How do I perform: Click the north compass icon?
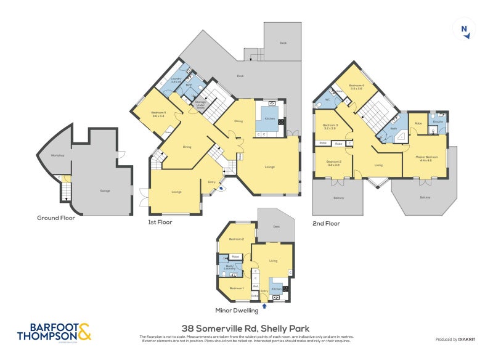click(x=464, y=30)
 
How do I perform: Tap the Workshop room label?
click(x=58, y=155)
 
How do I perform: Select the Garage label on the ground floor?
click(x=105, y=190)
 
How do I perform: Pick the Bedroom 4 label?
click(x=356, y=87)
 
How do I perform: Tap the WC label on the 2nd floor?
click(x=327, y=99)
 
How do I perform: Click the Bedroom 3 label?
click(x=329, y=127)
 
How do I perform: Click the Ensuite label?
click(x=438, y=121)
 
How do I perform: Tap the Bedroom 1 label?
click(x=237, y=288)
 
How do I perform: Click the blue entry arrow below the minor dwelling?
click(x=265, y=305)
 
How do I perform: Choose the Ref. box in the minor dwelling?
click(x=255, y=286)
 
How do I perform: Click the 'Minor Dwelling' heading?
click(x=237, y=310)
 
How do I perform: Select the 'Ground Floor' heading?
click(x=56, y=218)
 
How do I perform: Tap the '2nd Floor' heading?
click(x=326, y=223)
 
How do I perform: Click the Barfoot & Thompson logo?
click(x=54, y=332)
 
